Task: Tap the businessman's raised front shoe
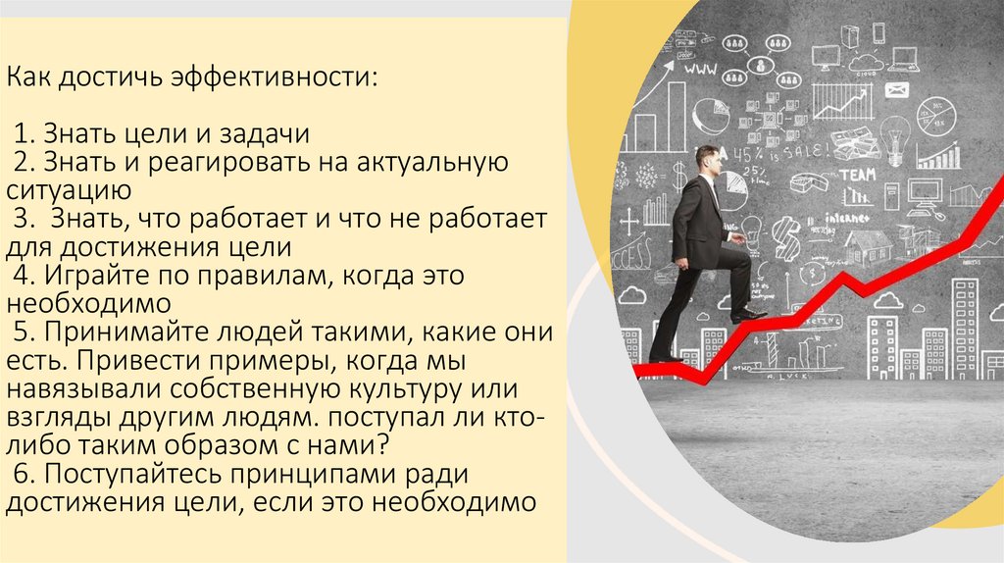pos(748,314)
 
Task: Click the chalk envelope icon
pos(897,90)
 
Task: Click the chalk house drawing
pos(867,246)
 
